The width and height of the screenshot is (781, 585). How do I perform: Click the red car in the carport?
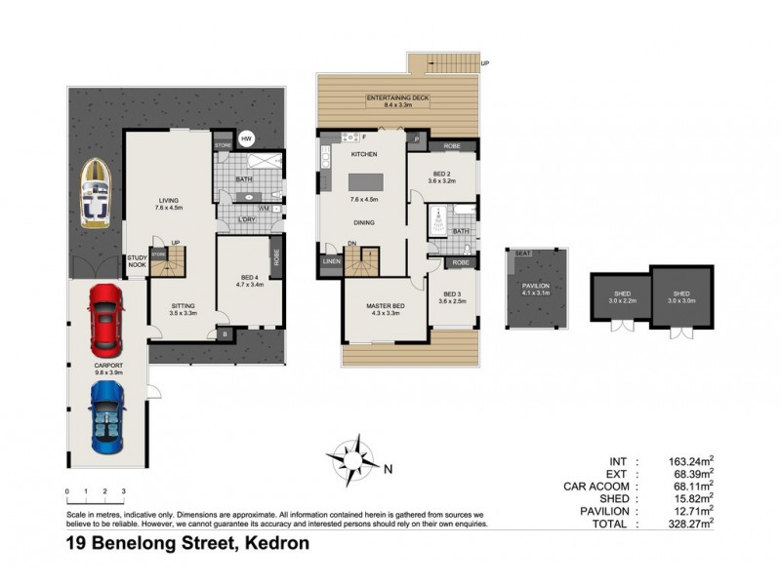pyautogui.click(x=105, y=320)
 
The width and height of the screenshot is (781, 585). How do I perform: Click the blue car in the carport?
pyautogui.click(x=106, y=416)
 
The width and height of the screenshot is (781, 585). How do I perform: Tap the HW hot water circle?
pyautogui.click(x=247, y=138)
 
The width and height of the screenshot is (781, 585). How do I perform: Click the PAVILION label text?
pyautogui.click(x=536, y=284)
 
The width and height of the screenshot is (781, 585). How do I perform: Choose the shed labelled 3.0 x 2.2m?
pyautogui.click(x=621, y=295)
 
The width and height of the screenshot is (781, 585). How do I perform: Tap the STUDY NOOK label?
pyautogui.click(x=137, y=261)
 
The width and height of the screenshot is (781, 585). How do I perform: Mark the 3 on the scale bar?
pyautogui.click(x=123, y=491)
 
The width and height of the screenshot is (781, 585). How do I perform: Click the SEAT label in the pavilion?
pyautogui.click(x=522, y=253)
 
